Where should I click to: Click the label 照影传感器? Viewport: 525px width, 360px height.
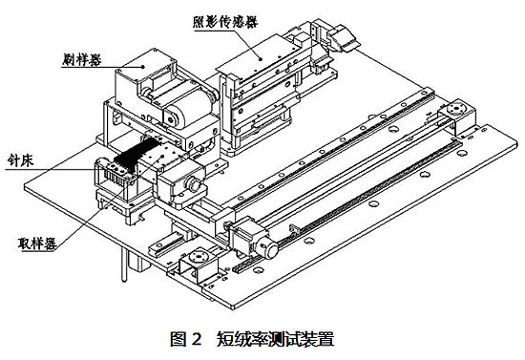click(x=225, y=22)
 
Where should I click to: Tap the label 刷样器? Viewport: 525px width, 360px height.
click(x=82, y=59)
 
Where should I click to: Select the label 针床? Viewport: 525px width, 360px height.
click(x=21, y=161)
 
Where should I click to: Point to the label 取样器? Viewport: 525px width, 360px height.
click(x=37, y=244)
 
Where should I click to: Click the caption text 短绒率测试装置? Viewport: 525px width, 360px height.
click(x=275, y=339)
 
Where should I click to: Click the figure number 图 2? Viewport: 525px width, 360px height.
click(x=186, y=339)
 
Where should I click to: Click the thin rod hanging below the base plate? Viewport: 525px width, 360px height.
click(x=124, y=265)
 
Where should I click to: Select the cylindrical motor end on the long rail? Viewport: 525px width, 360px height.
click(x=269, y=248)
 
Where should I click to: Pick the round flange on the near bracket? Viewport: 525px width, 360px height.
click(x=199, y=257)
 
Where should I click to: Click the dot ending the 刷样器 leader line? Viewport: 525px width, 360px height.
click(x=143, y=66)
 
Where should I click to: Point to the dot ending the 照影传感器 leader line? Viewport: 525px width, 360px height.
click(x=261, y=58)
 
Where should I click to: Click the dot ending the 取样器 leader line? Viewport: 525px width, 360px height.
click(x=163, y=156)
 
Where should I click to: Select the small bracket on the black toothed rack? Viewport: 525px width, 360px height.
click(x=294, y=228)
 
